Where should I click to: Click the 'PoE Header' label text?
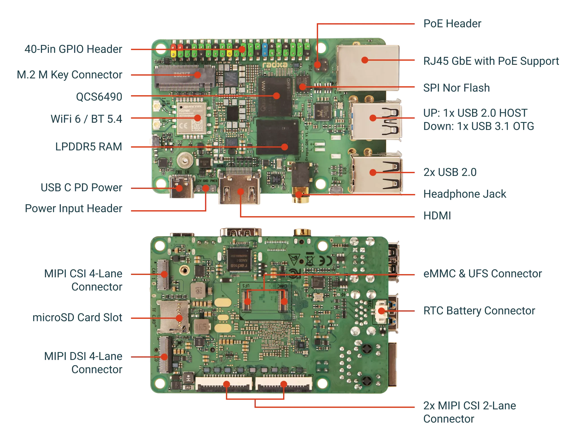(452, 23)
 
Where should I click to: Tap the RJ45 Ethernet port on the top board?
(368, 66)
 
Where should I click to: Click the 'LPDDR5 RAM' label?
(89, 147)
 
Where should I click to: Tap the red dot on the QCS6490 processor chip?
(276, 96)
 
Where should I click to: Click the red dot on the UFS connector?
(247, 301)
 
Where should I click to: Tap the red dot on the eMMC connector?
(284, 301)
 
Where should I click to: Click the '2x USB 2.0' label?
(449, 173)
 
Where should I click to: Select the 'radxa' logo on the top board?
(272, 64)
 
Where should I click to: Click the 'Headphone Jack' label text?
(464, 194)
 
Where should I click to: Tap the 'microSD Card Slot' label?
(77, 318)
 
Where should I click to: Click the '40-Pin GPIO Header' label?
(73, 49)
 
